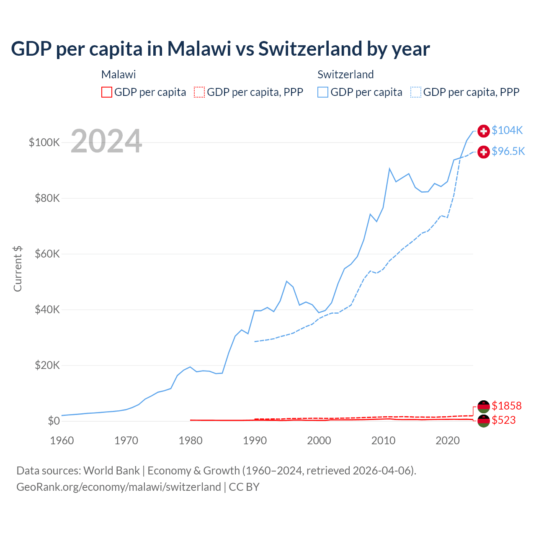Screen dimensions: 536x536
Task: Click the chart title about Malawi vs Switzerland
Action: click(x=220, y=49)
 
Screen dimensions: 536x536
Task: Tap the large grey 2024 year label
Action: click(x=106, y=141)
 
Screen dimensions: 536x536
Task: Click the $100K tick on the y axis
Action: click(x=44, y=142)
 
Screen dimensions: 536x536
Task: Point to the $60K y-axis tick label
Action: click(x=47, y=254)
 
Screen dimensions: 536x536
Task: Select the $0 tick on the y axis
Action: click(x=54, y=421)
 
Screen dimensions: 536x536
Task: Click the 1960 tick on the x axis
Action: click(x=62, y=441)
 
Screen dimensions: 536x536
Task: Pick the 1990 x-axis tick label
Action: click(x=255, y=441)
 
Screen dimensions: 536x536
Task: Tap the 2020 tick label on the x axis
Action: click(x=448, y=441)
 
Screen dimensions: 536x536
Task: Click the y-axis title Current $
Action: click(x=18, y=268)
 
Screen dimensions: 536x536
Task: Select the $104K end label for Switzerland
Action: click(x=507, y=130)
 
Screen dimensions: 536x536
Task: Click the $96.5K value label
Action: click(x=508, y=151)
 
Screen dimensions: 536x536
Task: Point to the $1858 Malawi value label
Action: click(x=507, y=406)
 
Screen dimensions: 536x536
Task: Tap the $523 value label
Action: click(x=504, y=420)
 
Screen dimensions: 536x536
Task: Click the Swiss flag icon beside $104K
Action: click(x=484, y=131)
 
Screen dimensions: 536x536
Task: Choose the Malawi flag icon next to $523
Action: click(x=484, y=421)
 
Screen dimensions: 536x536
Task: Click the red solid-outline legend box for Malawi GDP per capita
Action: click(x=107, y=92)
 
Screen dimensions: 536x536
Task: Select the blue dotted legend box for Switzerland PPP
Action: click(x=416, y=92)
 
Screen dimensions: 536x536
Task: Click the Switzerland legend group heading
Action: click(x=345, y=75)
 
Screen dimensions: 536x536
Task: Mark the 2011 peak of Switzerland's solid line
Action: click(x=389, y=169)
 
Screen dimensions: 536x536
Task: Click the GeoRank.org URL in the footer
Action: click(x=119, y=487)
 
